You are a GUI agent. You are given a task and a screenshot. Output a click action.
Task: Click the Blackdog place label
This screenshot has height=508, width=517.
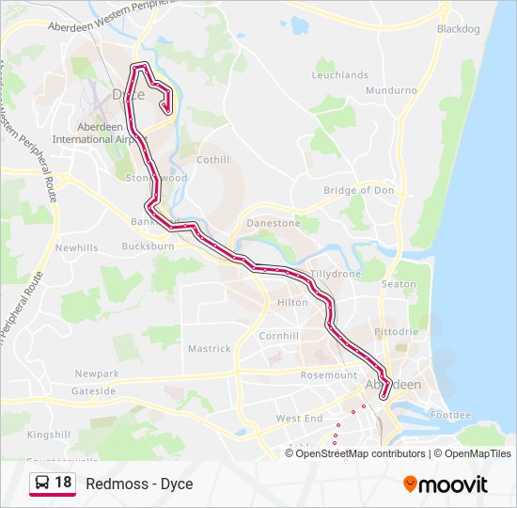(458, 29)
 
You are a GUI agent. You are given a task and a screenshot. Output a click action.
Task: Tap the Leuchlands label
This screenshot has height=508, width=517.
(339, 74)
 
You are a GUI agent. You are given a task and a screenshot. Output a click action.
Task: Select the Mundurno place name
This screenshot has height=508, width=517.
(391, 90)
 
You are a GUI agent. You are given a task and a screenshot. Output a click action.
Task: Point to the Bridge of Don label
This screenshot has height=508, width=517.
(358, 190)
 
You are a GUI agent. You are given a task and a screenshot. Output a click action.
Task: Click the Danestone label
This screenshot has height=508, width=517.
(273, 224)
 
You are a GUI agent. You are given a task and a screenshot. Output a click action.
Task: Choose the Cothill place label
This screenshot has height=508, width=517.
(212, 160)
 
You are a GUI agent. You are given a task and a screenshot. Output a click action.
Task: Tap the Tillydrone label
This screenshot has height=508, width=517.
(336, 274)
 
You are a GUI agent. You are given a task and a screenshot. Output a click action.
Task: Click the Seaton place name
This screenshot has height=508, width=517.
(399, 284)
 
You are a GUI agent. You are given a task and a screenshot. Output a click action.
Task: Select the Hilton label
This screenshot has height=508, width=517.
(292, 303)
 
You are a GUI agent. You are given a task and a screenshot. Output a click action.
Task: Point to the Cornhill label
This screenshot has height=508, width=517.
(279, 336)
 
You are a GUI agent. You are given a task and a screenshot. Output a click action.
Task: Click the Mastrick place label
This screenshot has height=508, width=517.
(209, 349)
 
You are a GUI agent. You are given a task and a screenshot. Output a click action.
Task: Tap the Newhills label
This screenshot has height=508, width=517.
(76, 247)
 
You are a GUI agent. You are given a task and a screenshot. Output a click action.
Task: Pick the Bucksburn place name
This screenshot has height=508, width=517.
(148, 246)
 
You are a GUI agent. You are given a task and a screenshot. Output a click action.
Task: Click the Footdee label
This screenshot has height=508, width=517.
(449, 415)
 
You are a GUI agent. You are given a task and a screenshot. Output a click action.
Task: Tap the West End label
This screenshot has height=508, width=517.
(299, 418)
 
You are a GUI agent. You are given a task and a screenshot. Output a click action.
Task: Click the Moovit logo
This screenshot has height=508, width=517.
(446, 484)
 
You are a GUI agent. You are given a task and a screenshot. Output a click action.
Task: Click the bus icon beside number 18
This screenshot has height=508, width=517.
(42, 484)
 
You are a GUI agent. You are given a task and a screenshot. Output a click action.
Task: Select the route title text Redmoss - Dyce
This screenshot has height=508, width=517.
(139, 484)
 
